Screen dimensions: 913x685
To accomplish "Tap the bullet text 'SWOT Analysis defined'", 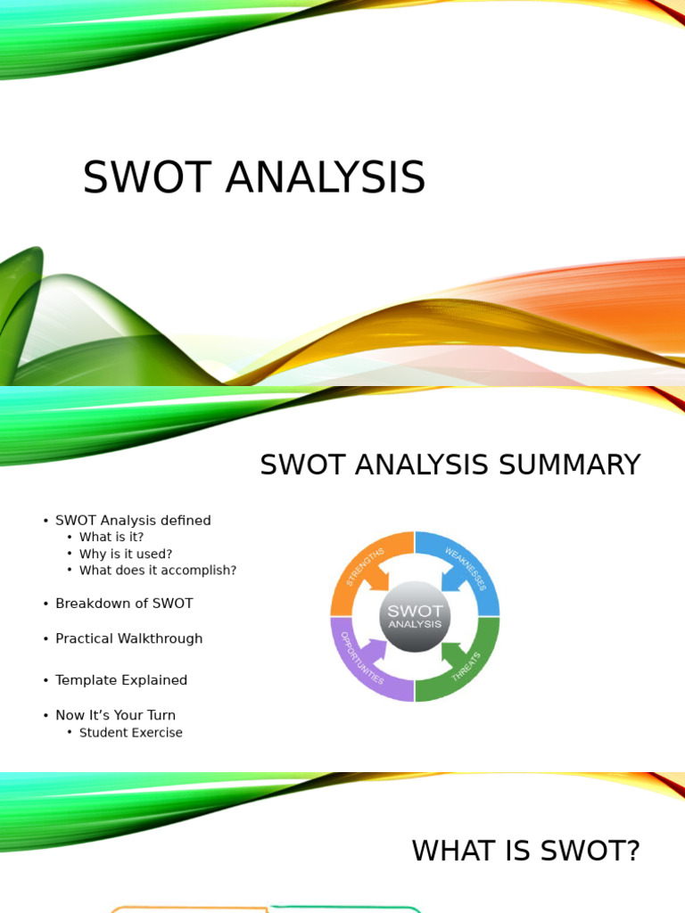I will tap(133, 521).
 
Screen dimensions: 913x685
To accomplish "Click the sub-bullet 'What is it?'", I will tap(111, 537).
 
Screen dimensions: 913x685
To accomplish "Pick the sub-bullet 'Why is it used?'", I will tap(126, 554).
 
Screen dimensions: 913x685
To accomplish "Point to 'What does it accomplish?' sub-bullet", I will tap(158, 571).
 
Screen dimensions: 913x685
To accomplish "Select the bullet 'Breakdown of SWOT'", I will tap(124, 604).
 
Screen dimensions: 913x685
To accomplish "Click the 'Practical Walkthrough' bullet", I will tap(128, 639).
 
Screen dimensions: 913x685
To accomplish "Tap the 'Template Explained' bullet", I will tap(121, 680).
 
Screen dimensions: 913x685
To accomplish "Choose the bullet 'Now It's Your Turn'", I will tap(115, 715).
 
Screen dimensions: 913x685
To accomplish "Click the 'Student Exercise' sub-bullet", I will tap(130, 733).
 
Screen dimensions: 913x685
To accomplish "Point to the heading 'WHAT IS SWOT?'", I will tap(525, 851).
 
